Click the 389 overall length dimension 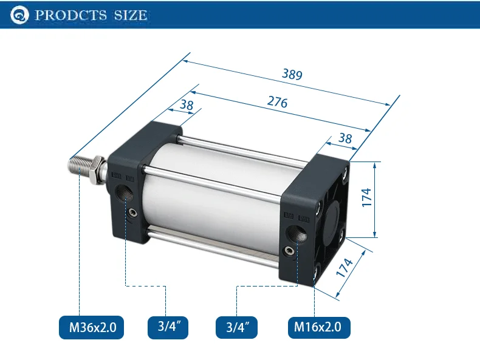pyautogui.click(x=292, y=74)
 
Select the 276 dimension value pyautogui.click(x=277, y=102)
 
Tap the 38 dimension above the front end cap pyautogui.click(x=187, y=105)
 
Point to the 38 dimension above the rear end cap pyautogui.click(x=345, y=138)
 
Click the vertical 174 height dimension pyautogui.click(x=366, y=197)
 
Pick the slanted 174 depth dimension pyautogui.click(x=345, y=268)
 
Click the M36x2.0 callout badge pyautogui.click(x=92, y=327)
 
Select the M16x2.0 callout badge pyautogui.click(x=319, y=327)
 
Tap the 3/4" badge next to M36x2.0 pyautogui.click(x=168, y=327)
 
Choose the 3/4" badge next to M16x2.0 pyautogui.click(x=236, y=327)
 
